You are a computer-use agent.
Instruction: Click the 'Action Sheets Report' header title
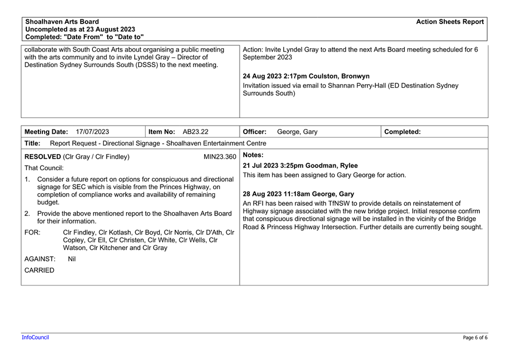[449, 22]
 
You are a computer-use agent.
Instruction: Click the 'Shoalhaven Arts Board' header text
[62, 22]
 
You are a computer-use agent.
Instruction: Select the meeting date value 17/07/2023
[92, 132]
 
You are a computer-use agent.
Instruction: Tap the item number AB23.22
[195, 132]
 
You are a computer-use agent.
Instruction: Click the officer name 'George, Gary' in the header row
[297, 132]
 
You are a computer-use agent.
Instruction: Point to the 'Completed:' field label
[402, 132]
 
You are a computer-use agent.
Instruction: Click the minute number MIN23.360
[220, 156]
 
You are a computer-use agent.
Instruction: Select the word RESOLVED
[42, 156]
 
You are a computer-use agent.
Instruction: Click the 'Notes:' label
[253, 155]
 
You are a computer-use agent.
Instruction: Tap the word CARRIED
[40, 270]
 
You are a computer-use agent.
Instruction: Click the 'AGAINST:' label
[40, 259]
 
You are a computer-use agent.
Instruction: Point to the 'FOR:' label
[32, 232]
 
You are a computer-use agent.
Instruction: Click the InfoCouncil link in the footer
[36, 338]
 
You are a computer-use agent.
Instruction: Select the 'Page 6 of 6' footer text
[475, 338]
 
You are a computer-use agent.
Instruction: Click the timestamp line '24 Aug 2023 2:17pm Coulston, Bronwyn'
[306, 76]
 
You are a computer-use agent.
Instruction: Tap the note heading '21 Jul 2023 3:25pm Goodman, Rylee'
[300, 166]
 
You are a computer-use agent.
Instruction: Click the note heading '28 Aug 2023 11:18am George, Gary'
[298, 194]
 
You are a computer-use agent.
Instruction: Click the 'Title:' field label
[33, 143]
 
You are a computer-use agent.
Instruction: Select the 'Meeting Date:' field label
[46, 132]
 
